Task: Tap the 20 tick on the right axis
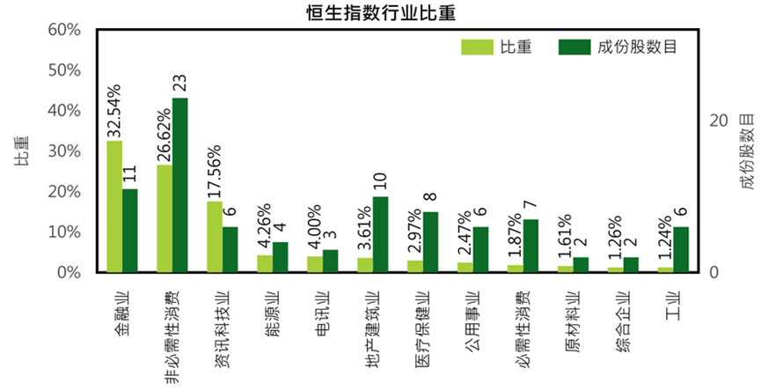(x=718, y=121)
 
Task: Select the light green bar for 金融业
(x=114, y=206)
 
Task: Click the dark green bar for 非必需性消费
(x=179, y=185)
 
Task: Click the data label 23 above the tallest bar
(x=179, y=84)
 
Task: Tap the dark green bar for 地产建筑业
(x=380, y=234)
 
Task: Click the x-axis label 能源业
(x=273, y=312)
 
